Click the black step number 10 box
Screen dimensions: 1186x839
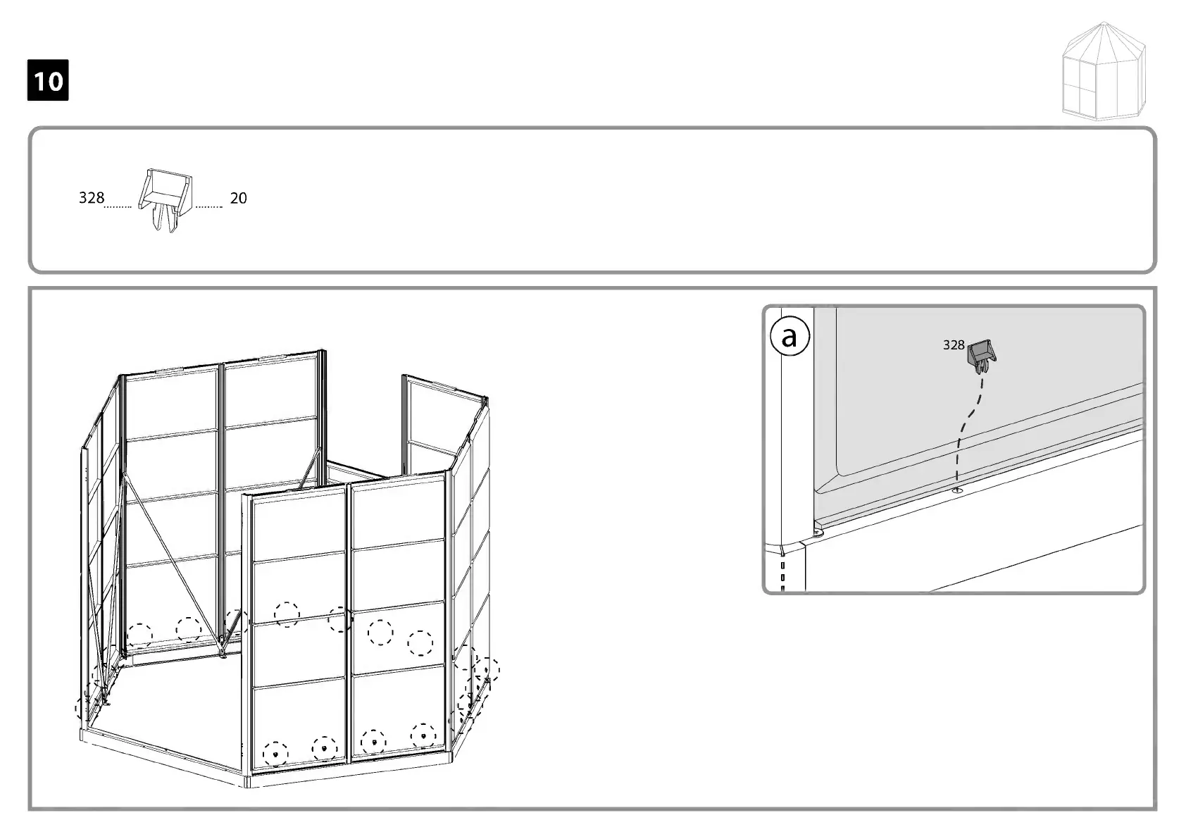click(x=48, y=80)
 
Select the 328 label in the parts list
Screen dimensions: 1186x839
click(x=91, y=198)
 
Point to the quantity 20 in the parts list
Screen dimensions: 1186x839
click(x=239, y=199)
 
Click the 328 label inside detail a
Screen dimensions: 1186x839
click(x=953, y=345)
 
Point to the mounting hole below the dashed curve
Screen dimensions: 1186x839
click(x=957, y=490)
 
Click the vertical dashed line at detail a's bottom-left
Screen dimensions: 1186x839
click(x=783, y=574)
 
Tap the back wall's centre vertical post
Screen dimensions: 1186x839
click(x=221, y=493)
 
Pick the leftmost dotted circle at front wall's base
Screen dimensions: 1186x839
click(x=275, y=753)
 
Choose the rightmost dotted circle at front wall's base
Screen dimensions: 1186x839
click(x=423, y=735)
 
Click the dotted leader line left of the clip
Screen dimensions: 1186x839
click(x=118, y=207)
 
